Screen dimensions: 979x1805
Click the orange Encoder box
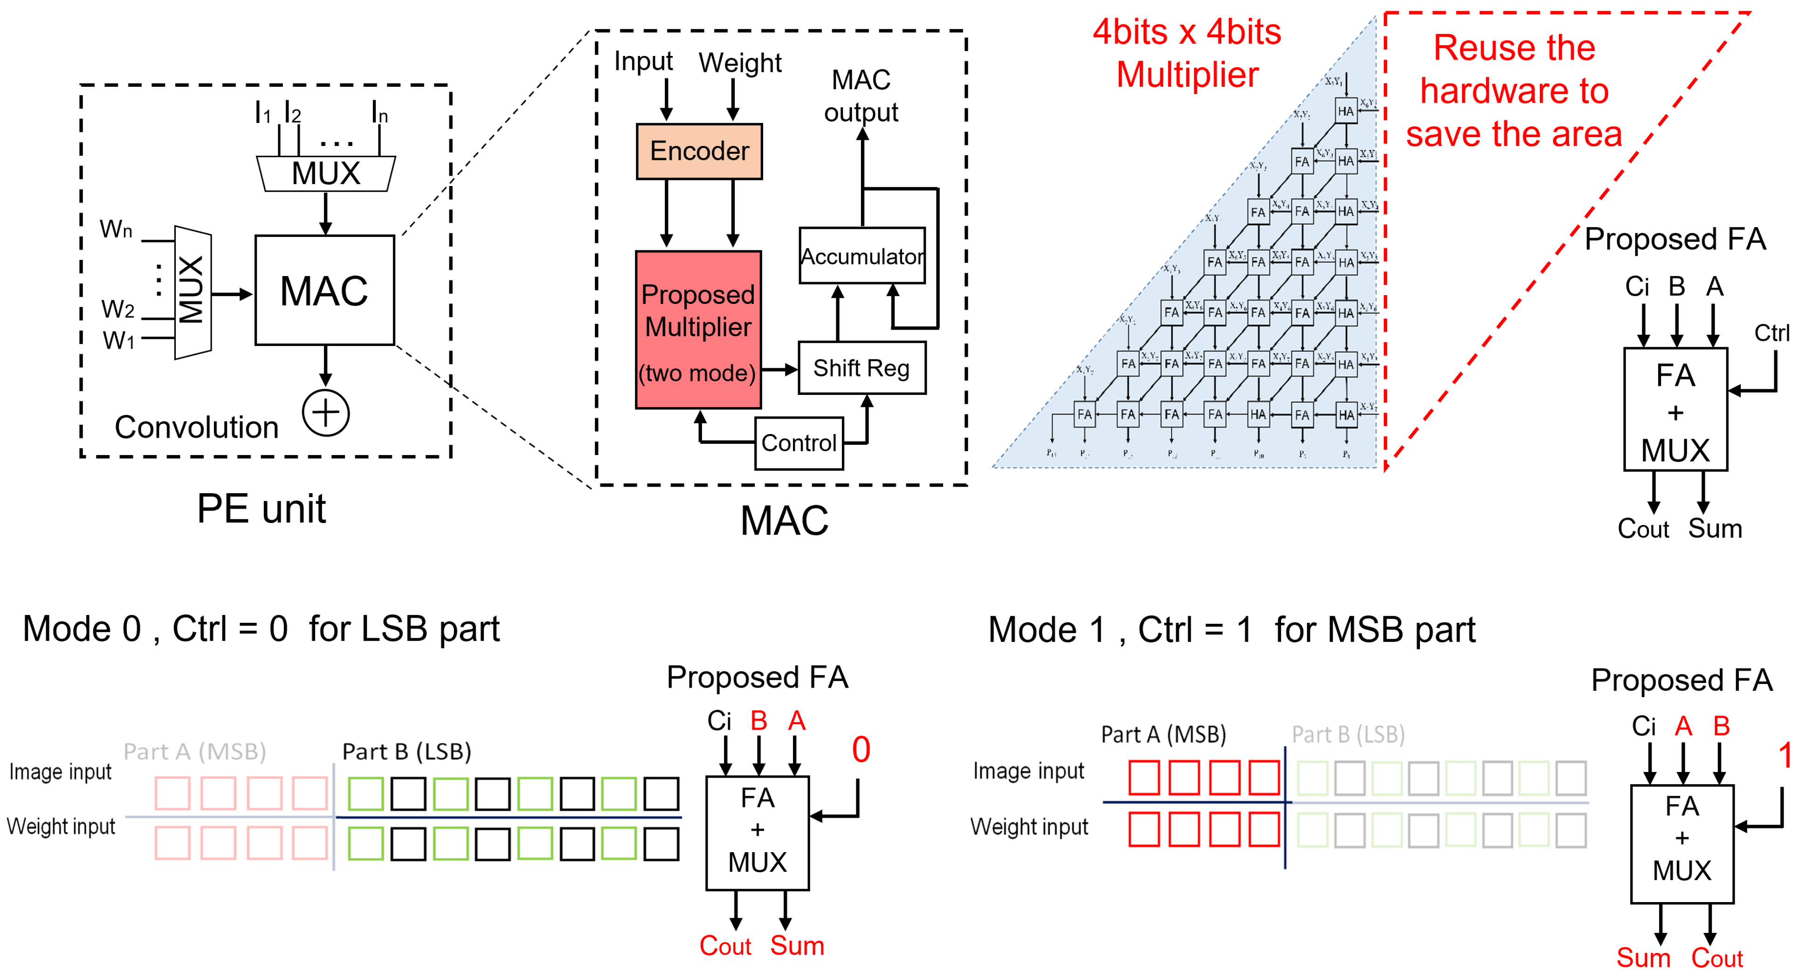click(x=699, y=152)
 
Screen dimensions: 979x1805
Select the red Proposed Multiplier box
click(x=698, y=330)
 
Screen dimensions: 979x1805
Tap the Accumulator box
click(x=862, y=256)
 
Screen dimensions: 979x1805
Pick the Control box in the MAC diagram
click(x=799, y=443)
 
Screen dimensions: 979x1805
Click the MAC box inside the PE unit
click(x=324, y=290)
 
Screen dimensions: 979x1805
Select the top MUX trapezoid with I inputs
click(x=326, y=173)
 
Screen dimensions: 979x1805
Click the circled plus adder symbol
click(x=326, y=413)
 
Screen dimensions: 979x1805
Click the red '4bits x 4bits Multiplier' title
click(x=1187, y=53)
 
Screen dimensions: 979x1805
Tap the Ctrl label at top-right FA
click(x=1771, y=333)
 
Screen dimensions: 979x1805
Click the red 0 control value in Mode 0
click(x=861, y=749)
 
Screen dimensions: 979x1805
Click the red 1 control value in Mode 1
click(x=1784, y=755)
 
